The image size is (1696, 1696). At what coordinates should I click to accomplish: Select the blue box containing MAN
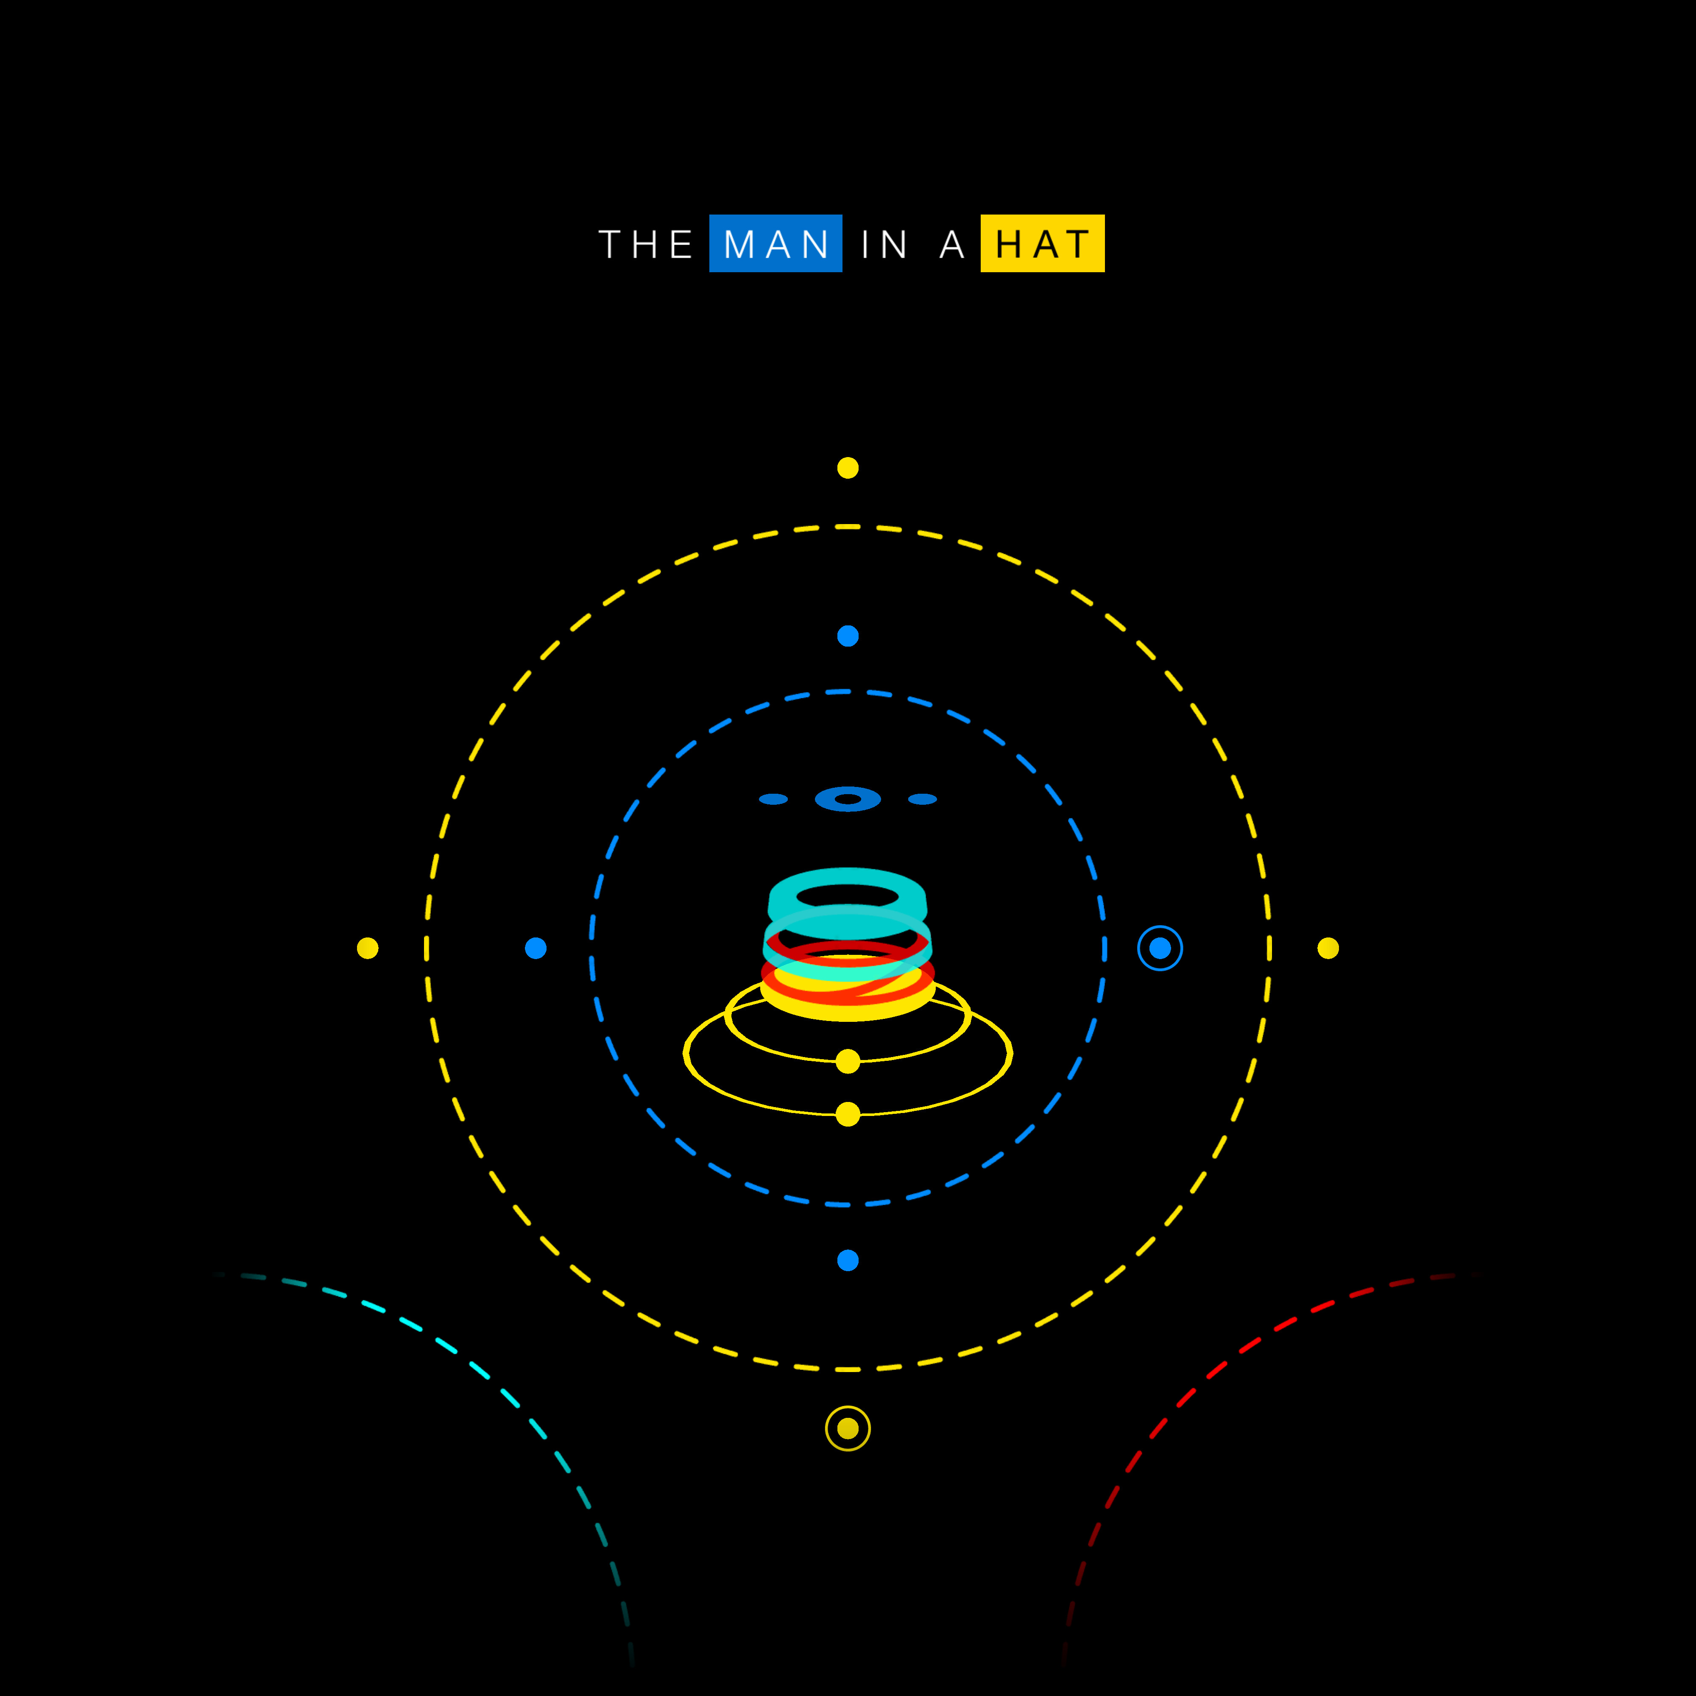tap(775, 243)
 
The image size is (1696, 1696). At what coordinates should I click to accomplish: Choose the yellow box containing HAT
tap(1042, 243)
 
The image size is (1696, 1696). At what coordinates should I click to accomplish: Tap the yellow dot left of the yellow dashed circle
tap(368, 948)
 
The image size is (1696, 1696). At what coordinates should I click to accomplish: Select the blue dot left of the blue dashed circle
tap(536, 948)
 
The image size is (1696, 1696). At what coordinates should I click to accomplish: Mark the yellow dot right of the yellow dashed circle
tap(1328, 948)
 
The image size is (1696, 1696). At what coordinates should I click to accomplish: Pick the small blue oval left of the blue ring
tap(773, 799)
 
